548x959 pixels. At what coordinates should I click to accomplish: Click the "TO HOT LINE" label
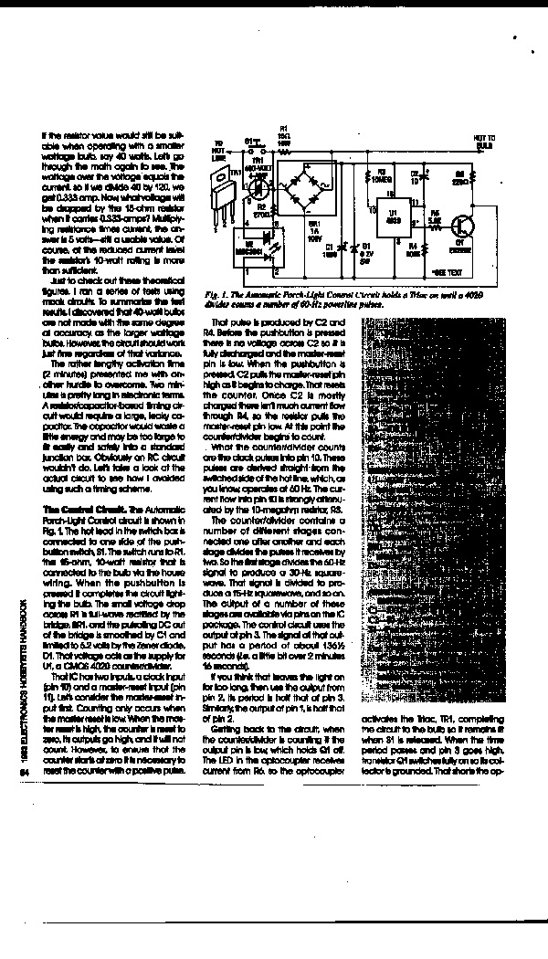click(218, 147)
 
